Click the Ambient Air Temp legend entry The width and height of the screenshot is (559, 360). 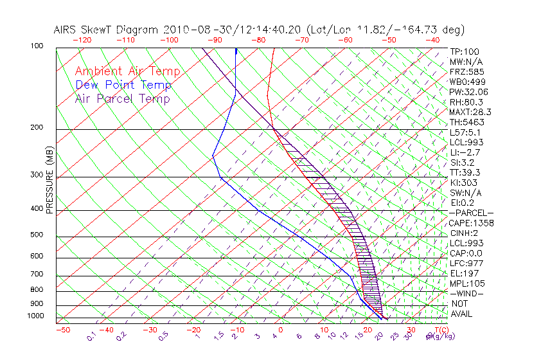pos(127,71)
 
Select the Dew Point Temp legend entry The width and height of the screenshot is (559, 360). pos(123,85)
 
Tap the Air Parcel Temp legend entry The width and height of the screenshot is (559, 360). pos(122,98)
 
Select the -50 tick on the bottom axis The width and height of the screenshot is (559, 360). pos(62,330)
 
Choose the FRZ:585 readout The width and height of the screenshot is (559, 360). pos(463,72)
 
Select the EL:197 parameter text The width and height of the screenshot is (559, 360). pos(462,273)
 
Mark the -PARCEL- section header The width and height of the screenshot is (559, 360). pos(471,213)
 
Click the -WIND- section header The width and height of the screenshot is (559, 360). pos(467,293)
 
